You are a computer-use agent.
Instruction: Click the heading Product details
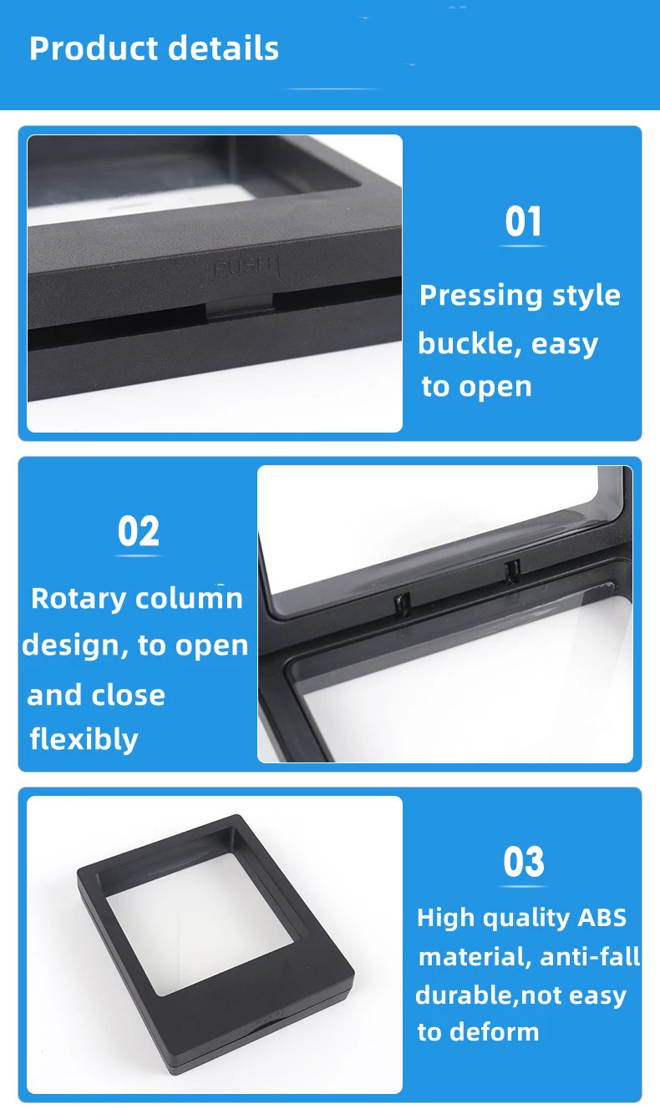154,48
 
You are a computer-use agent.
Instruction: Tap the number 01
523,221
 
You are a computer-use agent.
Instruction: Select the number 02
139,531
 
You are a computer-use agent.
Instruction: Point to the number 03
524,862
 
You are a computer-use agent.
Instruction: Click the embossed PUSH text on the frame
242,266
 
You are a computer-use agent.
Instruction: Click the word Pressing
480,296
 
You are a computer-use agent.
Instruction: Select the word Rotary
79,599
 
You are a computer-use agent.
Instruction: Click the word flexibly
84,739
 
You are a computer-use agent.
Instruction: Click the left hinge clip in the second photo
402,604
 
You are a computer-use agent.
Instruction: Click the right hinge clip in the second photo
512,571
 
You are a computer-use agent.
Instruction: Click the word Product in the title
94,48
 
